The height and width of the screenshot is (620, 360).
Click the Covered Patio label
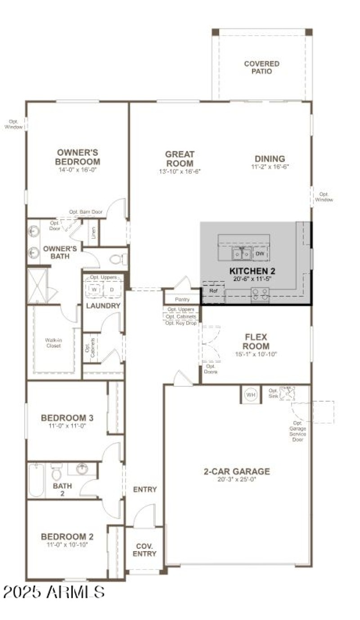[261, 68]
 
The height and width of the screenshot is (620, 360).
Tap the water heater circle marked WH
[250, 395]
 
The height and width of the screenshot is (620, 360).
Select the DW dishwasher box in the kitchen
[260, 254]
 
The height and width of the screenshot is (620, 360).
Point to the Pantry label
[182, 299]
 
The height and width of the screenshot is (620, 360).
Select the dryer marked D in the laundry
[112, 290]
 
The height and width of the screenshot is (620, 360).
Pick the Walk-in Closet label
[53, 343]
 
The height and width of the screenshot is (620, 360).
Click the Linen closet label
[93, 232]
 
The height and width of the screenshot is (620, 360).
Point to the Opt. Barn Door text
[85, 212]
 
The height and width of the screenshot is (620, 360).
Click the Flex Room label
[256, 341]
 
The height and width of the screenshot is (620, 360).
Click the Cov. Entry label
[144, 550]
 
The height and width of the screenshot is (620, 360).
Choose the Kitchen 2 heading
[252, 271]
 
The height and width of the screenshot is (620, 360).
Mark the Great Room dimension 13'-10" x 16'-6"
[179, 172]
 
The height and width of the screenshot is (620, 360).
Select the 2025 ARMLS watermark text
[54, 591]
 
